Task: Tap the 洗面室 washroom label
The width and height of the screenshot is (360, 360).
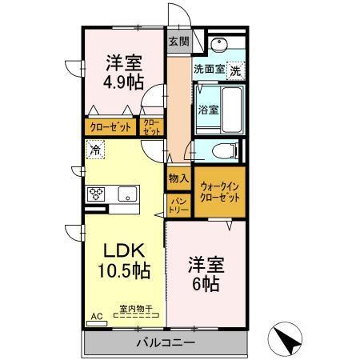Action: (209, 70)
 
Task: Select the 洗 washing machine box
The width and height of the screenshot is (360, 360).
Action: (235, 70)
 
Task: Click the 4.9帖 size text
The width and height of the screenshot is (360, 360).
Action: (123, 82)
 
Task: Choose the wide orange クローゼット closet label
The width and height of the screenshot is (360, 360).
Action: (110, 126)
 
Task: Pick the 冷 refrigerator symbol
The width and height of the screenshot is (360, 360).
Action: (96, 149)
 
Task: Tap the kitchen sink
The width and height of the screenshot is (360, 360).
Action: (128, 194)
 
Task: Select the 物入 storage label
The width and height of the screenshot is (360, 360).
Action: (178, 178)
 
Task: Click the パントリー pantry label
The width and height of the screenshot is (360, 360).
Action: (178, 204)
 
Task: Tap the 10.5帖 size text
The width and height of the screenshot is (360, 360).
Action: (124, 271)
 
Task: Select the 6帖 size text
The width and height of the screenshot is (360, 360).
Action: (206, 284)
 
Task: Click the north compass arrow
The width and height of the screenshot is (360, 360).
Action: (289, 341)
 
